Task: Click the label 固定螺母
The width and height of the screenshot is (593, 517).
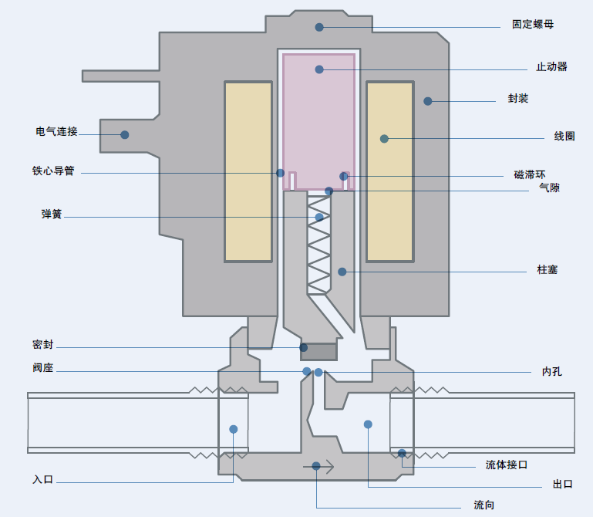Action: pos(533,24)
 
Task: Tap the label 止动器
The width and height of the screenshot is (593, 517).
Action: pos(551,66)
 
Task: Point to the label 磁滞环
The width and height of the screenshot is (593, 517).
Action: pos(530,174)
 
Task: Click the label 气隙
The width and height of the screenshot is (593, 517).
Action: pos(549,188)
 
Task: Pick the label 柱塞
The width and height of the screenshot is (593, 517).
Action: pos(548,270)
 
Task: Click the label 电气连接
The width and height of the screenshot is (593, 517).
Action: pos(56,131)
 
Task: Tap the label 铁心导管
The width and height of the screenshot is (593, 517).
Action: pos(53,171)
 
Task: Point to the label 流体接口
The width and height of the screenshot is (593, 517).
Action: pos(507,465)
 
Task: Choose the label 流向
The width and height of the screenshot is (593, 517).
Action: pos(483,505)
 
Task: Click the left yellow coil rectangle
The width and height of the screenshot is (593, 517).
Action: pos(248,171)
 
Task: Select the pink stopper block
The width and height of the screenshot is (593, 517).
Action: pos(318,120)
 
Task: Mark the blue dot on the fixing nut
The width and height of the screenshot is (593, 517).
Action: pos(319,27)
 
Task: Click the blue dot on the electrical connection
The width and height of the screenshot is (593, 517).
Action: pos(124,135)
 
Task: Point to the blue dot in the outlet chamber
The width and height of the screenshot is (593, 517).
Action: pos(368,424)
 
